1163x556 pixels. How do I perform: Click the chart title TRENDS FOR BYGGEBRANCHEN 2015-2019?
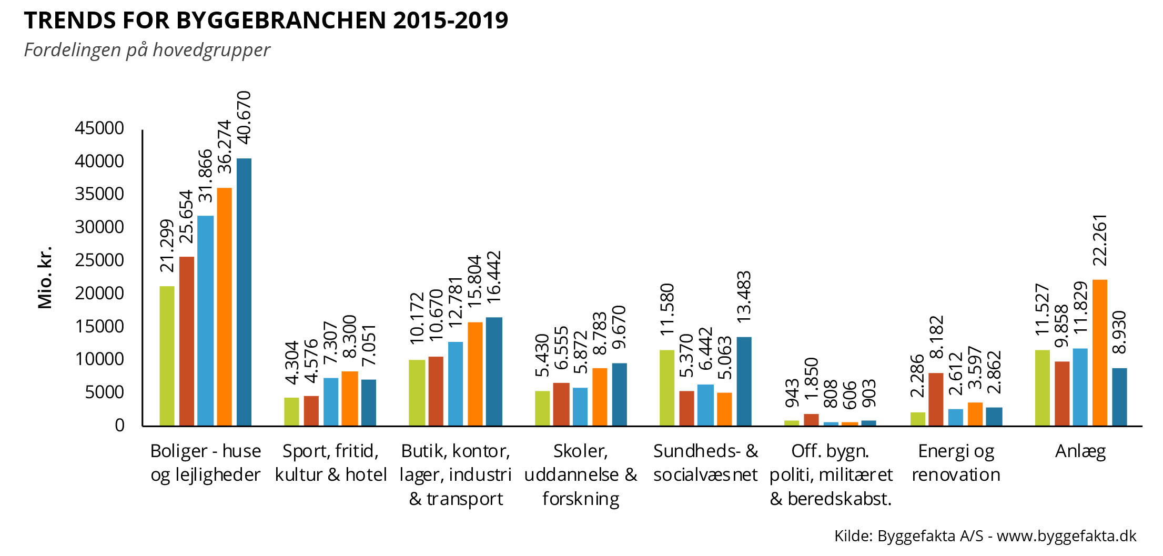[266, 21]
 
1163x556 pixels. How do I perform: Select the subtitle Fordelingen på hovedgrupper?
[147, 50]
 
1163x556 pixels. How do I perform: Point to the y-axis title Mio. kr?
[45, 277]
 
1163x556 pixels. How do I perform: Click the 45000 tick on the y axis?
[99, 128]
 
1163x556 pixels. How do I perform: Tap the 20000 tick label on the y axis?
[99, 294]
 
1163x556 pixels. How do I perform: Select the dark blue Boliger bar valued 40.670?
[244, 292]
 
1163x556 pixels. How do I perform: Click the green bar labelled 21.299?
[167, 356]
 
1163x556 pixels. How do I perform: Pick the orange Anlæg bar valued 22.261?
[1100, 352]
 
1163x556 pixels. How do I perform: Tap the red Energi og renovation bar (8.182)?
[936, 399]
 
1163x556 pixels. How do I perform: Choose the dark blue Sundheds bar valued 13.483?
[744, 381]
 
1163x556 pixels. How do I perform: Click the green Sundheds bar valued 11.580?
[666, 388]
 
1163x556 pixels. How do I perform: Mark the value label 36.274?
[225, 147]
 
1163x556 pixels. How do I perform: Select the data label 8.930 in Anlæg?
[1119, 332]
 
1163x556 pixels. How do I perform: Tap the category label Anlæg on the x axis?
[1080, 451]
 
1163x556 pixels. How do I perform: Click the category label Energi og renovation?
[956, 463]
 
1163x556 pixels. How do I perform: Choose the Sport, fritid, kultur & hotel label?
[330, 463]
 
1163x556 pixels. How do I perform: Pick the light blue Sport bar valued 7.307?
[331, 402]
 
